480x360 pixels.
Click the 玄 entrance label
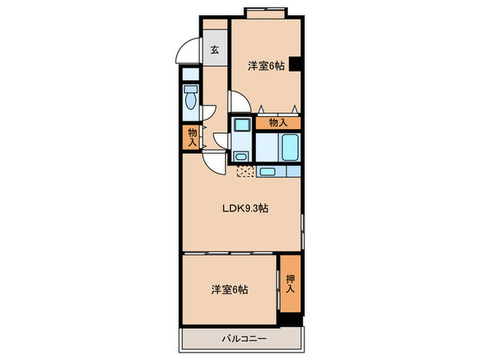(215, 50)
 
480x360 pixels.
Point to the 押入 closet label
(289, 282)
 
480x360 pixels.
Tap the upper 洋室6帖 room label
(266, 66)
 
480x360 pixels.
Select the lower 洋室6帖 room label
(230, 289)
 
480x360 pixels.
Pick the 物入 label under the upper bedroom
(277, 123)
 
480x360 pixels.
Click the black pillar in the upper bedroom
(295, 64)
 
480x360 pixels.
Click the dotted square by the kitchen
(245, 171)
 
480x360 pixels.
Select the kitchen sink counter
(277, 171)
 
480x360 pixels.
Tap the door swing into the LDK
(212, 162)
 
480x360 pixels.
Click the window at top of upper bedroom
(266, 11)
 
